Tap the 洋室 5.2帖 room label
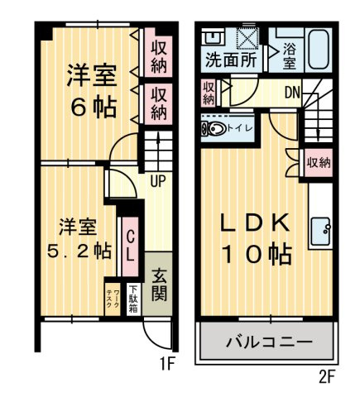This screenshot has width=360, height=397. (79, 239)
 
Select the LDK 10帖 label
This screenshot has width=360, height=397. (256, 239)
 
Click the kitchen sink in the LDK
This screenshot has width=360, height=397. (320, 231)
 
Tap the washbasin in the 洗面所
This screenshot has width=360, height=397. (210, 37)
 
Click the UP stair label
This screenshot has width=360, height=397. (158, 181)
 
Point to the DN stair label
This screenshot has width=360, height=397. (292, 93)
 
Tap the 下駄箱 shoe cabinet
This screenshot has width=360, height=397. (134, 299)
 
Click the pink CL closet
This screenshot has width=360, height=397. (130, 246)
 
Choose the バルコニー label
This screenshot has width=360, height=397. (269, 342)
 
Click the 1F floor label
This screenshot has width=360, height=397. (167, 364)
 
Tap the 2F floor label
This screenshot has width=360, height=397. (327, 377)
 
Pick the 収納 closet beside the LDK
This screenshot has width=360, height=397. (319, 163)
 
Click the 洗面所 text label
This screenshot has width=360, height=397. (231, 60)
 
